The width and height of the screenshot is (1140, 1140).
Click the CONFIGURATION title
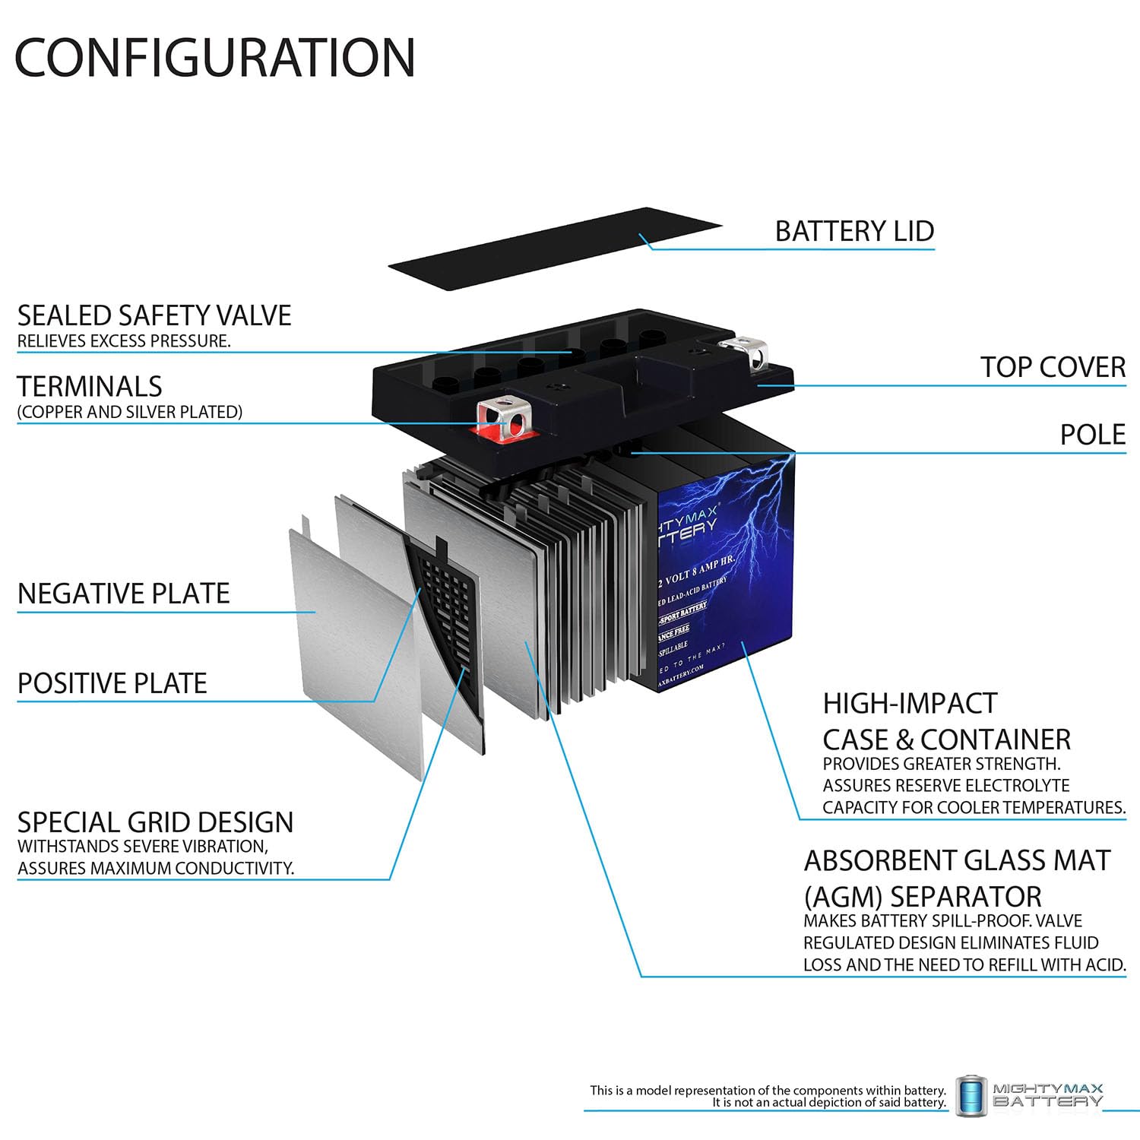tap(215, 57)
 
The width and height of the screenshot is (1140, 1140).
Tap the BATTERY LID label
tap(854, 231)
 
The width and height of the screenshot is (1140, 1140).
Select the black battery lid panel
tap(555, 248)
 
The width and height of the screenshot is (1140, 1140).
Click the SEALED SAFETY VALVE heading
tap(154, 315)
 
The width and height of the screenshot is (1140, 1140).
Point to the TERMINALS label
tap(90, 387)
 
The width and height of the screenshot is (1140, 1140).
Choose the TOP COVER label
tap(1053, 367)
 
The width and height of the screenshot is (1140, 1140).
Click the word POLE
tap(1093, 435)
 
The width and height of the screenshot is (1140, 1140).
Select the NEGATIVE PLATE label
tap(123, 594)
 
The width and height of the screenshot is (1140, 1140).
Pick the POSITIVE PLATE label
tap(112, 683)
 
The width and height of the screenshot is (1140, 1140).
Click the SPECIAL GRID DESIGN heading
tap(155, 822)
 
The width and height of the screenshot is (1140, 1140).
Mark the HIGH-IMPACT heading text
tap(910, 704)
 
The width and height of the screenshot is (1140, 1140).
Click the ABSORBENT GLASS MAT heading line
tap(957, 860)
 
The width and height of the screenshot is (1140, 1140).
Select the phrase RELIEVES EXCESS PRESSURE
tap(124, 341)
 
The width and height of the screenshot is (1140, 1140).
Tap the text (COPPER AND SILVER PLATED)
tap(130, 412)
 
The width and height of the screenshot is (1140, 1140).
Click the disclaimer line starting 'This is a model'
tap(768, 1090)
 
